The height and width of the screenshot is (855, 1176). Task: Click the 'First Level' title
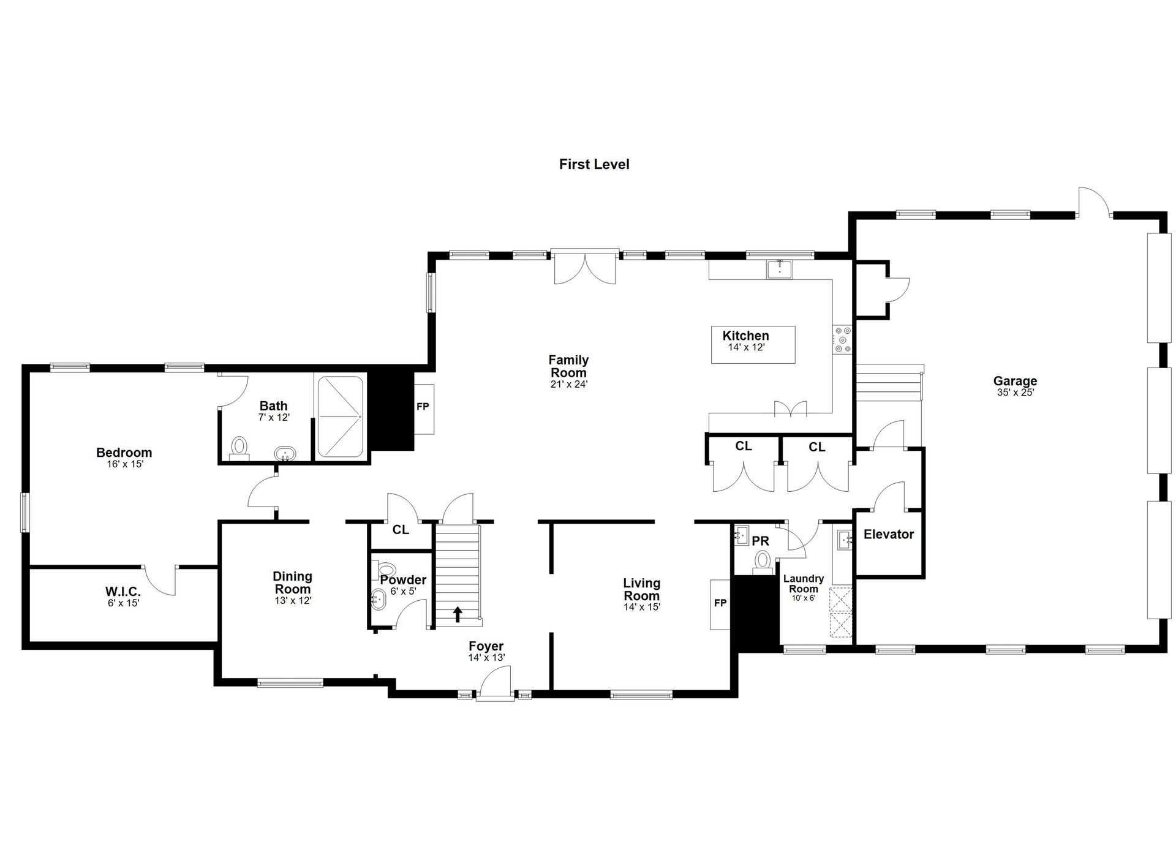594,164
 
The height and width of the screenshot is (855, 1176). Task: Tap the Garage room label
1015,381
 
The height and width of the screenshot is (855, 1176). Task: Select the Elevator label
889,534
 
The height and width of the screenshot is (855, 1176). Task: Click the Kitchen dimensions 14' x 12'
746,347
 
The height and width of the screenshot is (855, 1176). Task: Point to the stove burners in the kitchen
842,340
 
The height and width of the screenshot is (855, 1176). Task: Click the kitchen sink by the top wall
780,269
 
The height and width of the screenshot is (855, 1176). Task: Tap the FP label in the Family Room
423,407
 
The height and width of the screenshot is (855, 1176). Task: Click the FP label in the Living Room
720,603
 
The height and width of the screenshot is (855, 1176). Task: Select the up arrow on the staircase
458,614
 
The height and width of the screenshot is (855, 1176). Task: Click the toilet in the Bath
239,447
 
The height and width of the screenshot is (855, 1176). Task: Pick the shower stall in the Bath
340,416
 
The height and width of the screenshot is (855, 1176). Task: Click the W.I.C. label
123,592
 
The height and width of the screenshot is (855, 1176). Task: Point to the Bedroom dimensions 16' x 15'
124,464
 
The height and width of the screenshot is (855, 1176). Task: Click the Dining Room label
293,582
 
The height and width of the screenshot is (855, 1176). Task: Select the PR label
761,541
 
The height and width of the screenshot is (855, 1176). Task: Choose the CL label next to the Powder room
401,530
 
